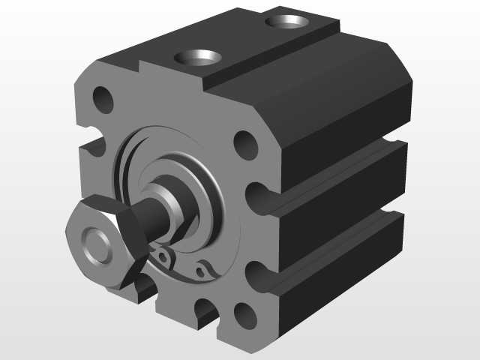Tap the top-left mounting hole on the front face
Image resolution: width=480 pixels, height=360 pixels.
click(x=102, y=99)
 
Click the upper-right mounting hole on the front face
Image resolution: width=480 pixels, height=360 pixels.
click(x=244, y=142)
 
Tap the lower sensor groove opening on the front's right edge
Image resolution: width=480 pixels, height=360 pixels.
click(x=258, y=277)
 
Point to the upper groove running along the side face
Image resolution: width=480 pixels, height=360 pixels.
click(x=337, y=177)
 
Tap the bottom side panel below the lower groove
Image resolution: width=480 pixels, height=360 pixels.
click(x=337, y=289)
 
